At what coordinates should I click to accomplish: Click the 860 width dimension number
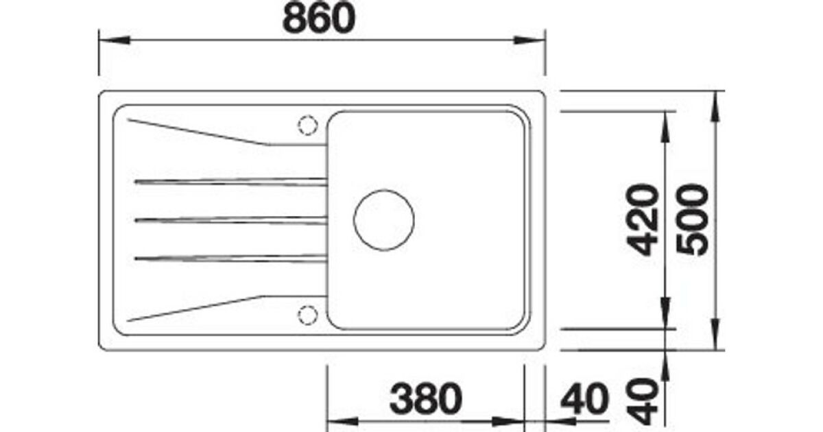[319, 19]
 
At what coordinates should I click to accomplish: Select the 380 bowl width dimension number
[425, 398]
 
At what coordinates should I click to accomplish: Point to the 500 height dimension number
[693, 219]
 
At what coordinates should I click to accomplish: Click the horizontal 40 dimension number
[585, 398]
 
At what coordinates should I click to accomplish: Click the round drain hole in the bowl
[384, 220]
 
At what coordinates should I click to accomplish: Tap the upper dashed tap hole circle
[307, 125]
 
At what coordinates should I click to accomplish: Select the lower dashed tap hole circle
[307, 315]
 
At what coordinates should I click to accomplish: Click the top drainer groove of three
[230, 182]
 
